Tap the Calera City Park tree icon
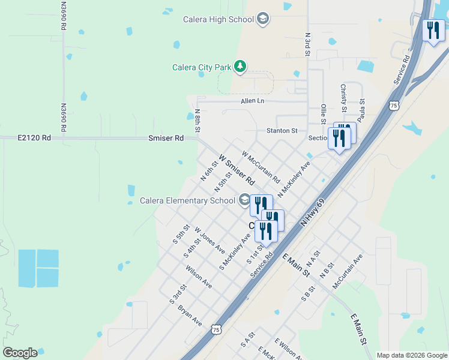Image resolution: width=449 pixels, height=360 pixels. [x=241, y=66]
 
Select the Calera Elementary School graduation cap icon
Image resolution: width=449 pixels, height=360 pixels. [x=244, y=200]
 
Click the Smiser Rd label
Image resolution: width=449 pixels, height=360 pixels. [x=166, y=138]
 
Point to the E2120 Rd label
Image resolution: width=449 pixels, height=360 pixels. [x=34, y=138]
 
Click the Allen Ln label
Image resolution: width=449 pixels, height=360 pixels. [x=252, y=101]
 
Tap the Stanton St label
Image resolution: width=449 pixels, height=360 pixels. [x=282, y=131]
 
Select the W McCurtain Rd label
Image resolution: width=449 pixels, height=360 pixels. [x=261, y=167]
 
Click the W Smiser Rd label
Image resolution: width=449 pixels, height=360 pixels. [x=237, y=170]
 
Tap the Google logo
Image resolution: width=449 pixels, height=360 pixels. [x=20, y=353]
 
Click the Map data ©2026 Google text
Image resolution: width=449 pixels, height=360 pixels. [x=412, y=355]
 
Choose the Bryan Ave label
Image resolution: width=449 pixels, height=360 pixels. [x=190, y=315]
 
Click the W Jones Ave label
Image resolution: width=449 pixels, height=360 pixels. [x=209, y=240]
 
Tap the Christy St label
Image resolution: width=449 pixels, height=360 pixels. [x=344, y=98]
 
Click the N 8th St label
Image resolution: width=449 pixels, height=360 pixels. [x=197, y=121]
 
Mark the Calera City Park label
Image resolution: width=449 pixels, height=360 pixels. [x=202, y=67]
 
